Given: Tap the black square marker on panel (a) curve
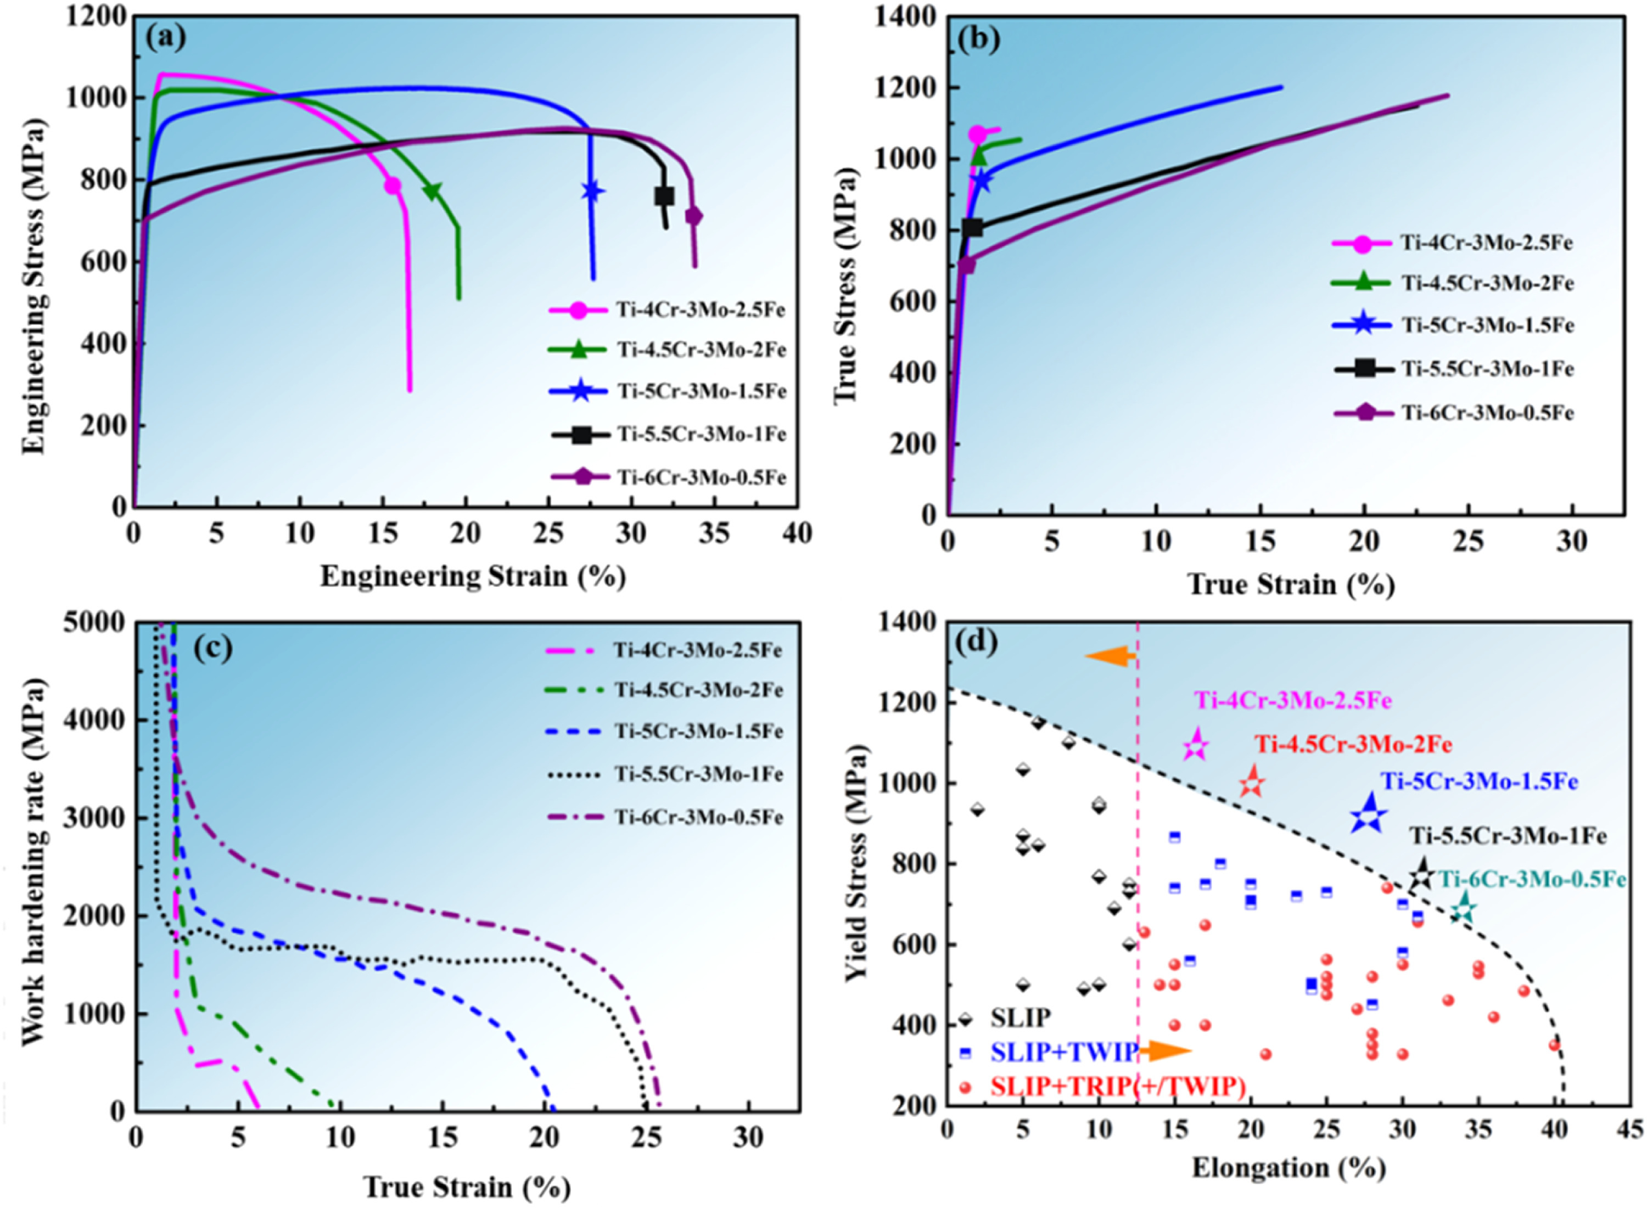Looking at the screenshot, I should pyautogui.click(x=664, y=196).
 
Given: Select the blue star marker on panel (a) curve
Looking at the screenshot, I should pyautogui.click(x=592, y=191).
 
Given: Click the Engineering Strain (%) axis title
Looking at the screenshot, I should pyautogui.click(x=473, y=577).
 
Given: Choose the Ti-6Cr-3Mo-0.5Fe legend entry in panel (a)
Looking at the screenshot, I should pyautogui.click(x=701, y=477).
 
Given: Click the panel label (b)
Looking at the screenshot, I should pyautogui.click(x=979, y=40).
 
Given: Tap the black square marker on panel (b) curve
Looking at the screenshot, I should pyautogui.click(x=972, y=228).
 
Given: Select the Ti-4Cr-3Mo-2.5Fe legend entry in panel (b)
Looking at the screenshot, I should pyautogui.click(x=1487, y=243).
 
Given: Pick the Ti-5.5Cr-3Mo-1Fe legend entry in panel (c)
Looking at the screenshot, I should pyautogui.click(x=698, y=774).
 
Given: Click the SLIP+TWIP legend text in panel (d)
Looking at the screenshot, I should pyautogui.click(x=1063, y=1051).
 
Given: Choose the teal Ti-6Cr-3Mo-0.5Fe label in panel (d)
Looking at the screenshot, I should pyautogui.click(x=1533, y=879).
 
